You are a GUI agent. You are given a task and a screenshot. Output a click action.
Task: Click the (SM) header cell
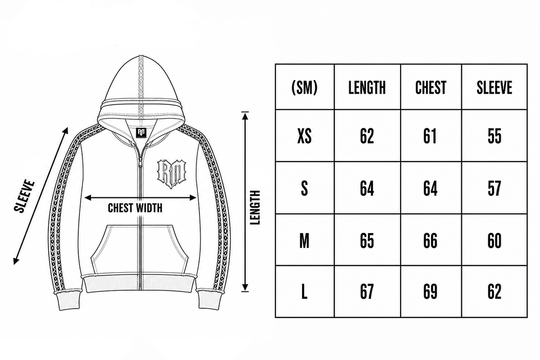click(304, 87)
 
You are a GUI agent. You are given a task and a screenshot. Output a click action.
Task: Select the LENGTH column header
click(367, 87)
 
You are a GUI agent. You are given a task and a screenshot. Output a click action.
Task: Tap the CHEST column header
click(431, 87)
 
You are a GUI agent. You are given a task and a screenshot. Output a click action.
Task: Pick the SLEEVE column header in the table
click(495, 87)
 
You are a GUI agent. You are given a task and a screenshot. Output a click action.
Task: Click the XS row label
click(304, 136)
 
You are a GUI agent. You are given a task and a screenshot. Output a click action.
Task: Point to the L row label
click(304, 291)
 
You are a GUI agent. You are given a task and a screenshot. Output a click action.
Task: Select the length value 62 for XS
click(367, 136)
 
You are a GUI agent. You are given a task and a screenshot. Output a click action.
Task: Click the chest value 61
click(430, 136)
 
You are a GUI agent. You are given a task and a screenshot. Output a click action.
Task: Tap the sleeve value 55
click(495, 136)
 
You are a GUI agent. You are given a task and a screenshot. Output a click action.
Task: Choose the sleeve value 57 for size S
click(495, 188)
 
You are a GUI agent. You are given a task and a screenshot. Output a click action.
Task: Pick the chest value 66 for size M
click(430, 240)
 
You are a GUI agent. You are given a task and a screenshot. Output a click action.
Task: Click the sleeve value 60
click(495, 240)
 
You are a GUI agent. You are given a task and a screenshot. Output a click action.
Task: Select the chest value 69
click(430, 291)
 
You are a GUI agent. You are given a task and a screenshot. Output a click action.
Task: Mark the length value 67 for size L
click(367, 291)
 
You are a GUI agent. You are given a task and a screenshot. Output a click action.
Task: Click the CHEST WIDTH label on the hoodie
click(135, 208)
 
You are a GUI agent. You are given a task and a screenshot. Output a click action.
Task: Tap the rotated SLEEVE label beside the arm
click(24, 197)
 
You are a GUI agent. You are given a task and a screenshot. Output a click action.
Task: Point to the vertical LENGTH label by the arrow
click(255, 207)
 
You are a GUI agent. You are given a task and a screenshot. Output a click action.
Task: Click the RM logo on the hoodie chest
click(171, 173)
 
